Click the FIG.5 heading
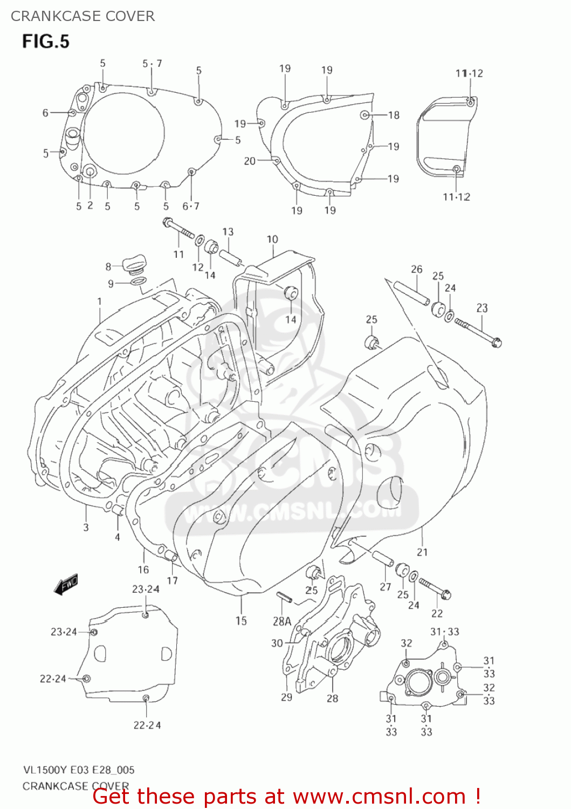coord(46,42)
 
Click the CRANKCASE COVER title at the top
coord(82,16)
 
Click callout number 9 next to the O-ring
coord(111,284)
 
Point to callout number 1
coord(99,301)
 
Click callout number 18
coord(394,115)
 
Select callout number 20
coord(249,161)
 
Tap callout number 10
coord(272,239)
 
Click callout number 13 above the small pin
coord(228,231)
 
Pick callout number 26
coord(416,269)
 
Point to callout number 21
coord(422,552)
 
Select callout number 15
coord(241,621)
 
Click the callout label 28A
coord(282,621)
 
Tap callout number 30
coord(277,643)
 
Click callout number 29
coord(286,697)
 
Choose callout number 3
coord(86,527)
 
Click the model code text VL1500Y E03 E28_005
coord(79,770)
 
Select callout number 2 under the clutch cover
coord(90,205)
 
